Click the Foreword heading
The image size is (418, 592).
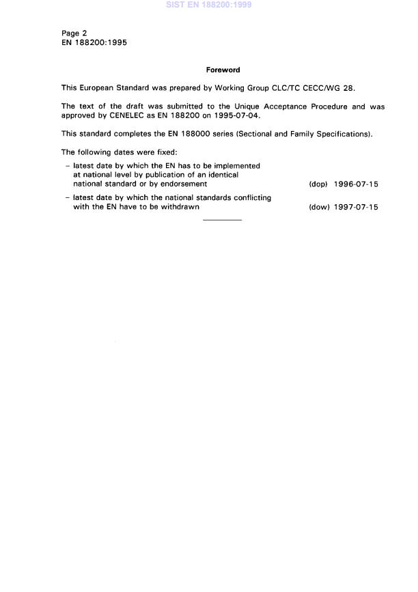point(223,70)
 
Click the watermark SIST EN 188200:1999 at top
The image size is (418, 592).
point(209,5)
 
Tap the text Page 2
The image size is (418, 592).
point(74,33)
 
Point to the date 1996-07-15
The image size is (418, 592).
point(356,184)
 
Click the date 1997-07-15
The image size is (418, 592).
point(356,208)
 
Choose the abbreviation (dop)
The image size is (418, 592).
point(319,184)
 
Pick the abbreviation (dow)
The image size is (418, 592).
point(320,208)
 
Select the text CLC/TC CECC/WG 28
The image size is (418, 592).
point(316,88)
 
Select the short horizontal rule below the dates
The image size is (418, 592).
point(222,220)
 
